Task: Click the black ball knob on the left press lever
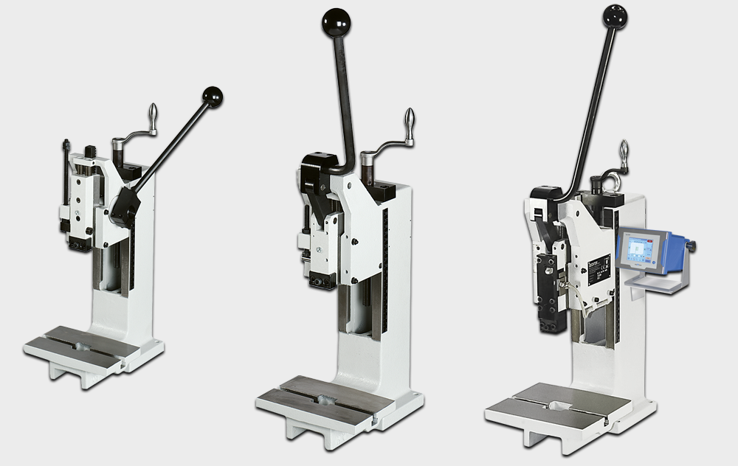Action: (x=213, y=97)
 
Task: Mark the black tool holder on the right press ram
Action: (x=549, y=295)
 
